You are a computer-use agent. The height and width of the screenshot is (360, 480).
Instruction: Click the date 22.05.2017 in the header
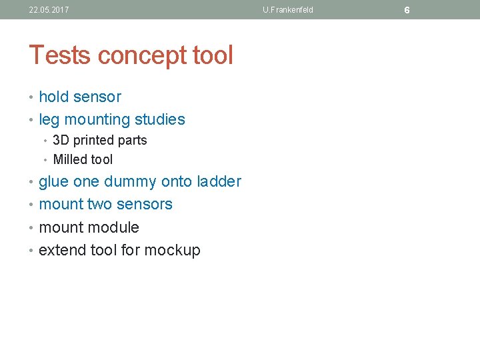point(49,10)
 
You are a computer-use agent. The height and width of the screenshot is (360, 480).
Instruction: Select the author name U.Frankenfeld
point(287,10)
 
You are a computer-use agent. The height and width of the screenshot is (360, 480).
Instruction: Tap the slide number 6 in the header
point(407,10)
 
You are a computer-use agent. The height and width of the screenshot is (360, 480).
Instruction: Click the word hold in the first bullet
point(53,97)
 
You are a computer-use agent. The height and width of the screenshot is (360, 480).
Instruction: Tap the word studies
point(160,120)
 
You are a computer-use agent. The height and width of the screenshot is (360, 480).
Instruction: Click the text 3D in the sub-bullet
point(61,140)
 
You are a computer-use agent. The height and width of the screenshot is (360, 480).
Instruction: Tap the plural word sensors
point(145,204)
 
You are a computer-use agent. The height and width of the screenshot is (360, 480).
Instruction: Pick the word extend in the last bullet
point(61,250)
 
